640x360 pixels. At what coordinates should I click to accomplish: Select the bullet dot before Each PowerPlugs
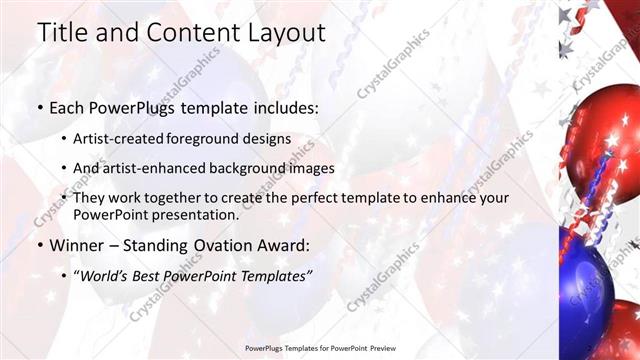pos(39,105)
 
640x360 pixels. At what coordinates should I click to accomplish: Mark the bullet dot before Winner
pos(39,245)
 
